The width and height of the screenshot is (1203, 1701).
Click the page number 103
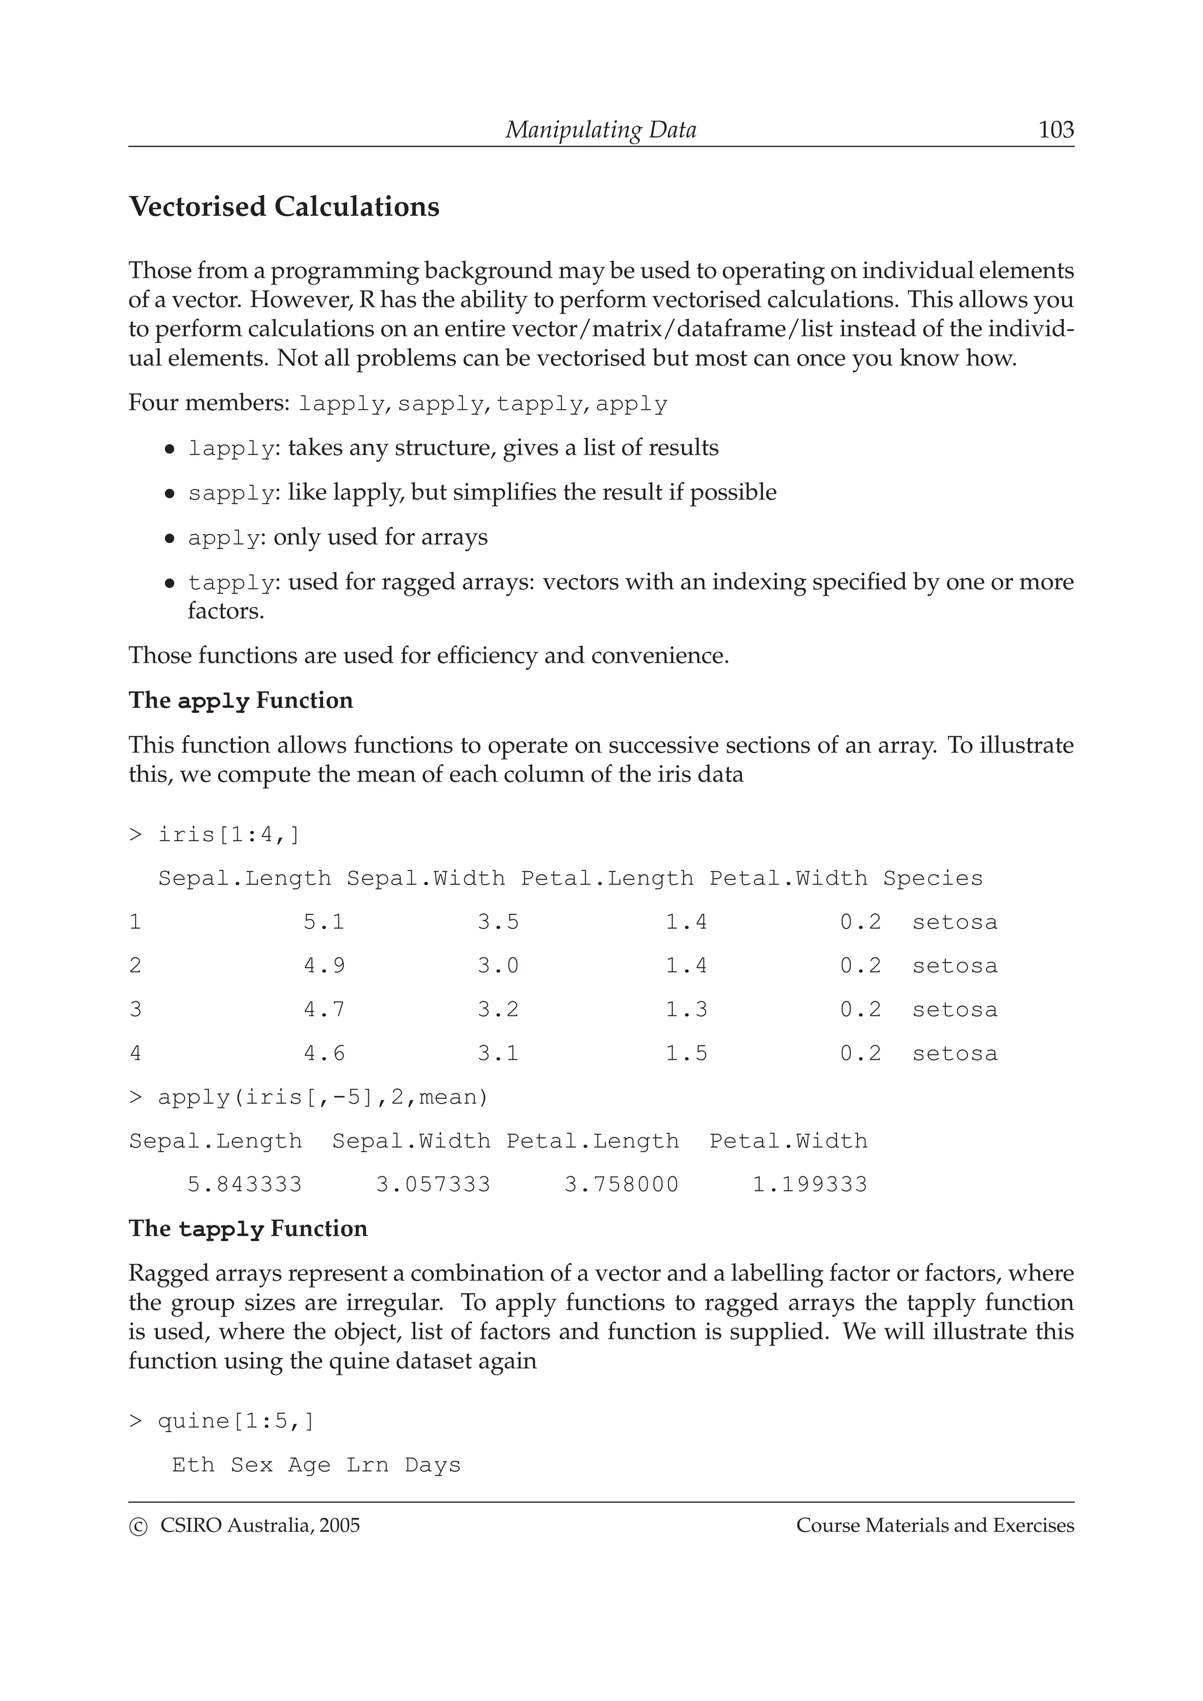click(x=1056, y=130)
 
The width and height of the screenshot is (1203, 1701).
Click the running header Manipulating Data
click(x=600, y=130)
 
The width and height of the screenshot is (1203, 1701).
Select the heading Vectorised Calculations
click(x=284, y=207)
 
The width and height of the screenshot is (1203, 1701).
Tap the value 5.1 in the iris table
click(x=324, y=922)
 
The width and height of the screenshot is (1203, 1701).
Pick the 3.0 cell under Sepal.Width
click(x=498, y=966)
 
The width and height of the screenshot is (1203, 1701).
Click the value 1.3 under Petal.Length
click(x=686, y=1010)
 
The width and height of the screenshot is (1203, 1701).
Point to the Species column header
click(x=932, y=879)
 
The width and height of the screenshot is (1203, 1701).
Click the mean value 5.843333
click(x=244, y=1184)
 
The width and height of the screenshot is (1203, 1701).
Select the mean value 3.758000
click(x=621, y=1184)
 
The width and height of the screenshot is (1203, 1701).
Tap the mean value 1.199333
click(x=809, y=1184)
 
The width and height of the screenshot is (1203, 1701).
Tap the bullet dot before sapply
click(x=170, y=494)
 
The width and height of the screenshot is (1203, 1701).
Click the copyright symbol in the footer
click(x=138, y=1527)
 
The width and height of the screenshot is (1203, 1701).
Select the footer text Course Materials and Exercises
click(x=935, y=1526)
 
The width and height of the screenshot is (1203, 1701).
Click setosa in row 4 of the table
click(x=955, y=1054)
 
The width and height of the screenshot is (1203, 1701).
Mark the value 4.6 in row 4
click(x=324, y=1054)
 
